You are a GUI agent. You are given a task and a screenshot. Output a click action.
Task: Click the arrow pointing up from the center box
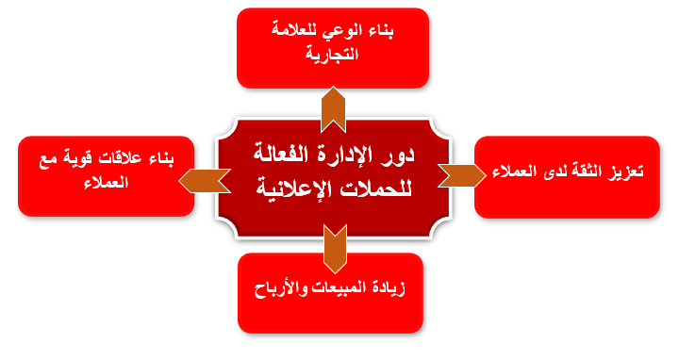tap(333, 110)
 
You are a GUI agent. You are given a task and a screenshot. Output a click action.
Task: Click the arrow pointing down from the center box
tap(335, 249)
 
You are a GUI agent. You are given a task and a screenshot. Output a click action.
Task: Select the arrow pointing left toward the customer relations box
tap(205, 181)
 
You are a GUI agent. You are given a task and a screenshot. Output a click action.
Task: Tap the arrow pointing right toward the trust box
tap(461, 175)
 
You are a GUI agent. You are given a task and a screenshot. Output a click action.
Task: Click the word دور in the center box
tap(398, 155)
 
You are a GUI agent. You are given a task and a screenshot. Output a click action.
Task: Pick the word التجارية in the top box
tap(332, 54)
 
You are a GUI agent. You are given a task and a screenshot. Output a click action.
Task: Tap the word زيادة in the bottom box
tap(388, 287)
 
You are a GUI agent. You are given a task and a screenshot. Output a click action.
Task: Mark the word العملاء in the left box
tap(106, 182)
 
